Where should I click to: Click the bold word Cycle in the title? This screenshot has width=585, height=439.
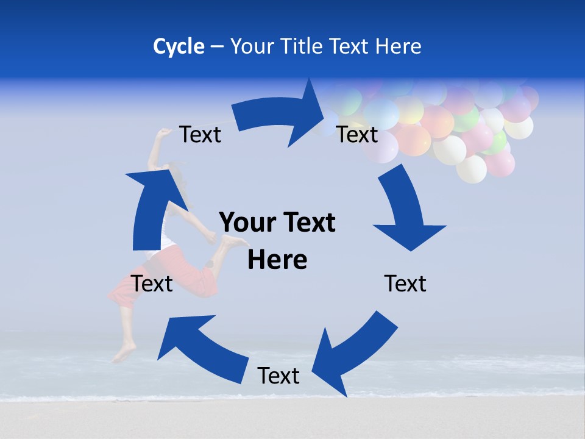(x=179, y=46)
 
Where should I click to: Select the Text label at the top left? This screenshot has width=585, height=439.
(x=200, y=135)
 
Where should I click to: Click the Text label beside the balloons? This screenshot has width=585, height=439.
(x=357, y=135)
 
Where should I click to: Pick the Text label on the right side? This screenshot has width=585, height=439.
(x=405, y=284)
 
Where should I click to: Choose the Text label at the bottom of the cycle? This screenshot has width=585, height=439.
(x=278, y=376)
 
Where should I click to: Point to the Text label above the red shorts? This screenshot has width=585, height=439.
(x=152, y=284)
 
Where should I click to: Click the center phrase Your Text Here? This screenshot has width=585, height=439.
(x=277, y=241)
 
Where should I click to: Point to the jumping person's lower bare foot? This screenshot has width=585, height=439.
(x=125, y=352)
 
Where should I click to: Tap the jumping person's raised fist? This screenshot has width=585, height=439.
(x=163, y=132)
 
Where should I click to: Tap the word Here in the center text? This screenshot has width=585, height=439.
(x=277, y=260)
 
